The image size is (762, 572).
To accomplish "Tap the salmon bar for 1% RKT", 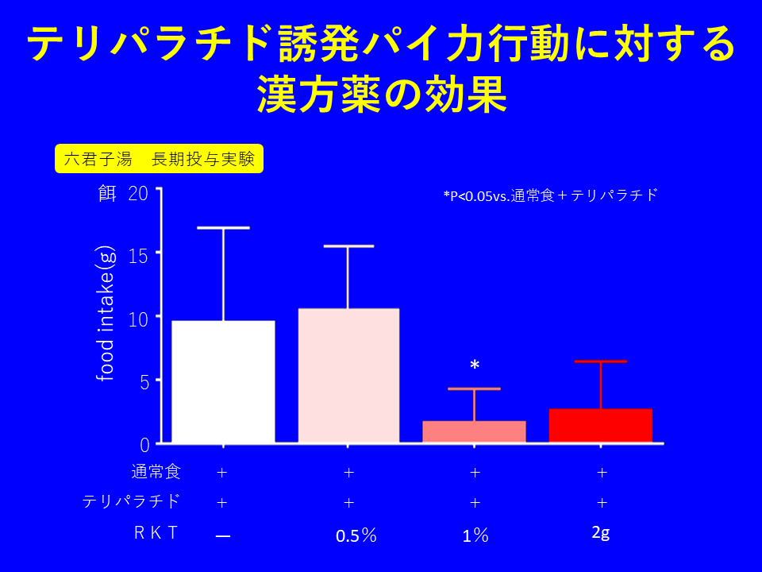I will pos(474,431).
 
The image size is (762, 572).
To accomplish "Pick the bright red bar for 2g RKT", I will pos(600,425).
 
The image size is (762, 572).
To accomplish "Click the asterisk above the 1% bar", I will pos(475,365).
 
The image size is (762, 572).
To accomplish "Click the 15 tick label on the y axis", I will pos(138,256).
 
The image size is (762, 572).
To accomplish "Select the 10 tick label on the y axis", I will pos(138,319).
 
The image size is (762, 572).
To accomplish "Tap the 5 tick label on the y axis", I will pos(144,381).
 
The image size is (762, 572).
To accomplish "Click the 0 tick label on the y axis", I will pos(144,445).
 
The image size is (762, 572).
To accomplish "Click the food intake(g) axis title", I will pos(106,314).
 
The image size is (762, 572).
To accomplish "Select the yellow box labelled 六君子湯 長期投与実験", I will pos(159,159).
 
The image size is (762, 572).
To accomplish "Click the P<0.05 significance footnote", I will pos(551,195).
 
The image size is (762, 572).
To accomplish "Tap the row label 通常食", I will pos(156,472).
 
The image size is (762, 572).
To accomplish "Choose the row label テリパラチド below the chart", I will pos(131,501).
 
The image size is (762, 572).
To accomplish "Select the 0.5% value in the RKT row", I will pos(356,535).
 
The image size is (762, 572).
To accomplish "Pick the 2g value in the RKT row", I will pos(600,533).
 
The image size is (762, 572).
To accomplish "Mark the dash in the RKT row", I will pos(223,535).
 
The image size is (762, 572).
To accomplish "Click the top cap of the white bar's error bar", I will pos(223,228).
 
